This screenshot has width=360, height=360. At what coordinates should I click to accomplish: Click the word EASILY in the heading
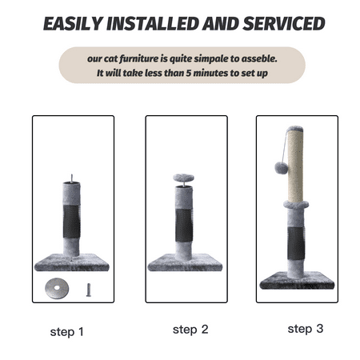pyautogui.click(x=74, y=23)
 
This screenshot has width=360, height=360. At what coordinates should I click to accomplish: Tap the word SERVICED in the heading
pyautogui.click(x=284, y=23)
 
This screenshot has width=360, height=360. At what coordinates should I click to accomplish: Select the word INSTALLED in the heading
pyautogui.click(x=153, y=23)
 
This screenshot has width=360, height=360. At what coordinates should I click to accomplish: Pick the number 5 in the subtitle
pyautogui.click(x=189, y=73)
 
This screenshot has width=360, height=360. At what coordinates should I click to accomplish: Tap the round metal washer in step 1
pyautogui.click(x=57, y=288)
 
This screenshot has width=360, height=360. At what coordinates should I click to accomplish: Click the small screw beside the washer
pyautogui.click(x=89, y=290)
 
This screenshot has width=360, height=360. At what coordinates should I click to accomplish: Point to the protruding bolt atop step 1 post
pyautogui.click(x=71, y=178)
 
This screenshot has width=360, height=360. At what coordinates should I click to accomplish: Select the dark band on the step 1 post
pyautogui.click(x=72, y=222)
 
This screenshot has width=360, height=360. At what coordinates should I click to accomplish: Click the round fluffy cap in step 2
pyautogui.click(x=183, y=178)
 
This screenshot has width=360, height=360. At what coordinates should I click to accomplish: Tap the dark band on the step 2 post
pyautogui.click(x=184, y=226)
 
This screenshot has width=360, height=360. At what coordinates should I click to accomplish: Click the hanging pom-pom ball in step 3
pyautogui.click(x=282, y=167)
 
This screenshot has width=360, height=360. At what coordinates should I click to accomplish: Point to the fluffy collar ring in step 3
pyautogui.click(x=296, y=205)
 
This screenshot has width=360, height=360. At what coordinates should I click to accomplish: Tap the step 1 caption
pyautogui.click(x=67, y=332)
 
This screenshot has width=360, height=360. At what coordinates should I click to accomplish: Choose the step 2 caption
pyautogui.click(x=190, y=330)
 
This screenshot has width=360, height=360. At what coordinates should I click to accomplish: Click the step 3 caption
pyautogui.click(x=306, y=329)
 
